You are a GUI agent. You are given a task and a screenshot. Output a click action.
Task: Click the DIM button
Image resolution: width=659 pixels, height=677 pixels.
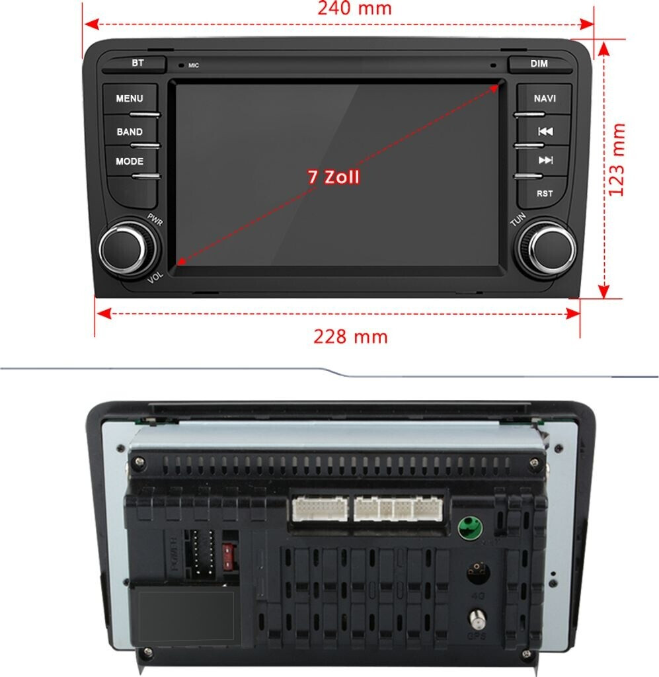(x=539, y=64)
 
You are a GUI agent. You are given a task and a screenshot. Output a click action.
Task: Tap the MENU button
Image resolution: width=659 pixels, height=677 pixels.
(x=130, y=99)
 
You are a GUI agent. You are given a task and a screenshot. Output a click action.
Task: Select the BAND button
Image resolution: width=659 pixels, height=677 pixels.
(x=130, y=132)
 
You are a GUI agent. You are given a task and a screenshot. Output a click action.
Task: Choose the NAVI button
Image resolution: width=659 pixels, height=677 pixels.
(x=545, y=99)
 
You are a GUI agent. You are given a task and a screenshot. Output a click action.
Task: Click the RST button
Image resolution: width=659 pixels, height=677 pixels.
(x=545, y=194)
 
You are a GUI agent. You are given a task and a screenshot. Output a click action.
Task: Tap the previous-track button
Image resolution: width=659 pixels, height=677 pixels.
(x=545, y=132)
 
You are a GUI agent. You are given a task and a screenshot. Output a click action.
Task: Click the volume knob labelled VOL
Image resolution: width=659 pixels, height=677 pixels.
(x=124, y=249)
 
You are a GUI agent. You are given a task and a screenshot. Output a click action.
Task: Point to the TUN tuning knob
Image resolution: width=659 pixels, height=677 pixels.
(x=547, y=249)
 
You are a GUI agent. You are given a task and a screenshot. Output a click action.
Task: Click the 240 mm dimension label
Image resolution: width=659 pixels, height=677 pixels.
(x=354, y=9)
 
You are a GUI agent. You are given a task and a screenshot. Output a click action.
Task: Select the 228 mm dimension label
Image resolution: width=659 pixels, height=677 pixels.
(x=350, y=337)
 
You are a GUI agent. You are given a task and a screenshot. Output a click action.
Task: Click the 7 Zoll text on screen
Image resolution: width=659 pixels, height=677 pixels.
(x=334, y=177)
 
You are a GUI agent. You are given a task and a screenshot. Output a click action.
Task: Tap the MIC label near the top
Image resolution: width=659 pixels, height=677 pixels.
(x=193, y=65)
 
